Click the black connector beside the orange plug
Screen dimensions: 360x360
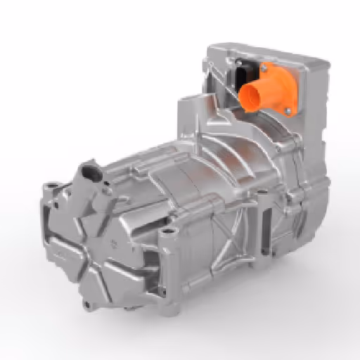(x=243, y=73)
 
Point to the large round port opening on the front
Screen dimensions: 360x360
(x=90, y=171)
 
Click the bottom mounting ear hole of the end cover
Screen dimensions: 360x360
(x=87, y=303)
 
